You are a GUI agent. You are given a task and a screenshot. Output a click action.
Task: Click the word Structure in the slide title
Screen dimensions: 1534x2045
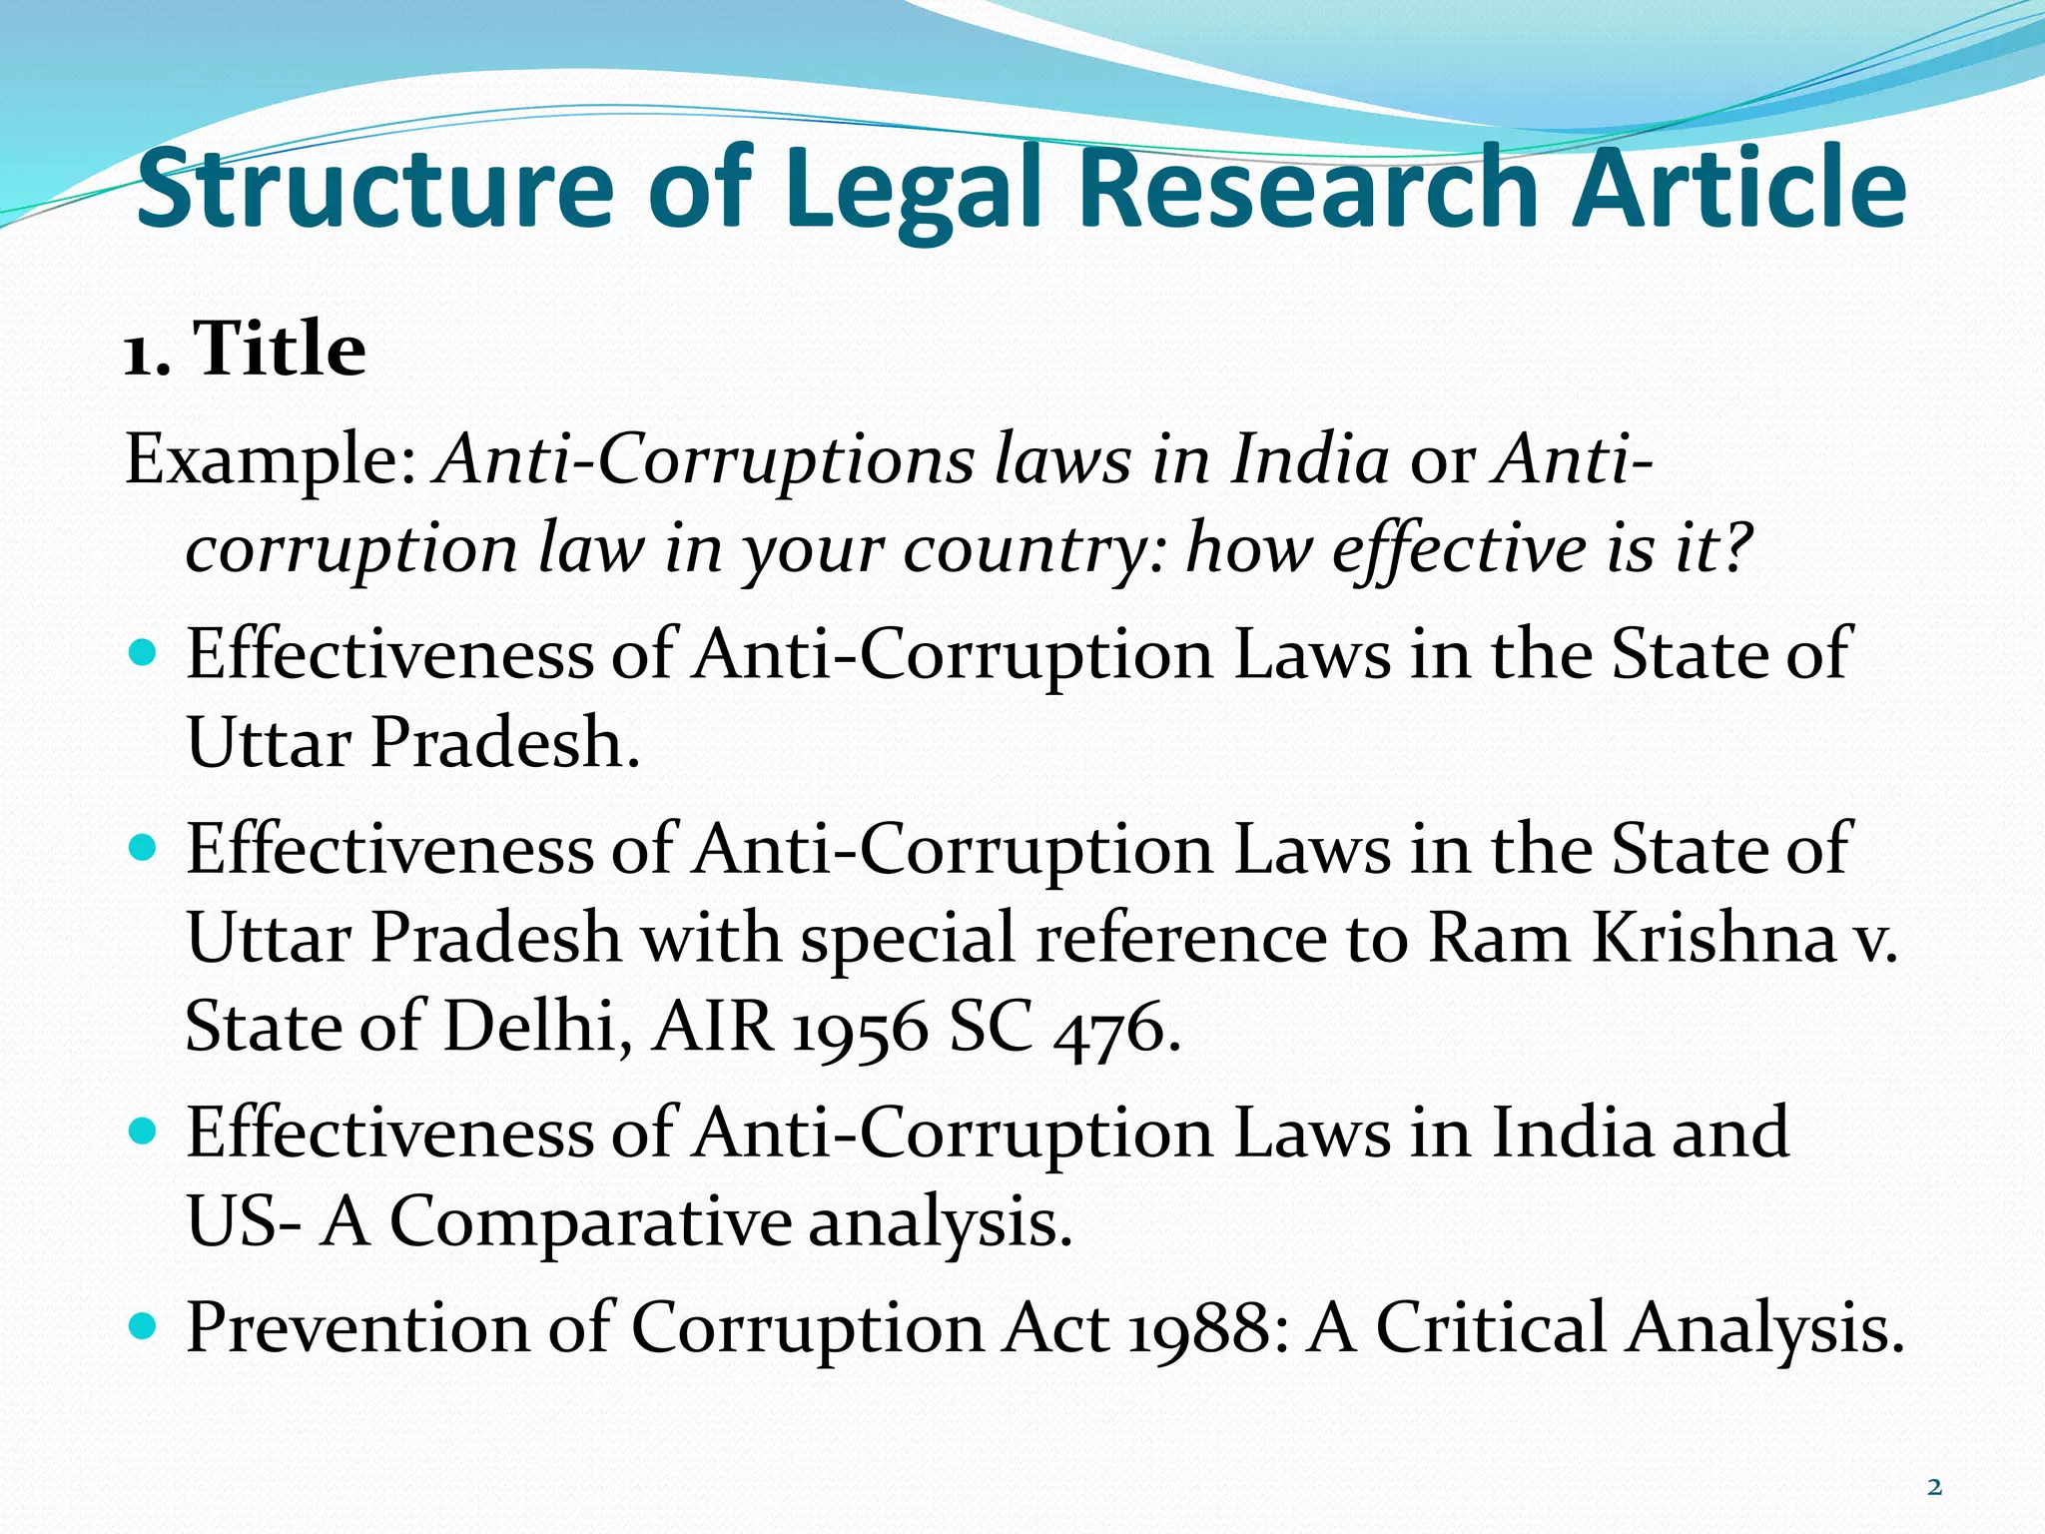[374, 188]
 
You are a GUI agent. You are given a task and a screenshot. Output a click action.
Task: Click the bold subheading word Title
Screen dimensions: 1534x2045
[279, 350]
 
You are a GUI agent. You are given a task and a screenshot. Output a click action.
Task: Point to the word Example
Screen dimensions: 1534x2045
[271, 461]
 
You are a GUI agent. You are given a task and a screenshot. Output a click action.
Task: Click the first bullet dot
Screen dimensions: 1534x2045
[144, 654]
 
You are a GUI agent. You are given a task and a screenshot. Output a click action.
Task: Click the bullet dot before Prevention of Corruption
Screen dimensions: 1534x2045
[144, 1326]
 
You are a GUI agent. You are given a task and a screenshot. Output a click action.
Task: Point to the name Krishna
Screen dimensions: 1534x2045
[1713, 939]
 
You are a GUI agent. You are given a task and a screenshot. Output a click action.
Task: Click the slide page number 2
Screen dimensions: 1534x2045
[1934, 1487]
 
